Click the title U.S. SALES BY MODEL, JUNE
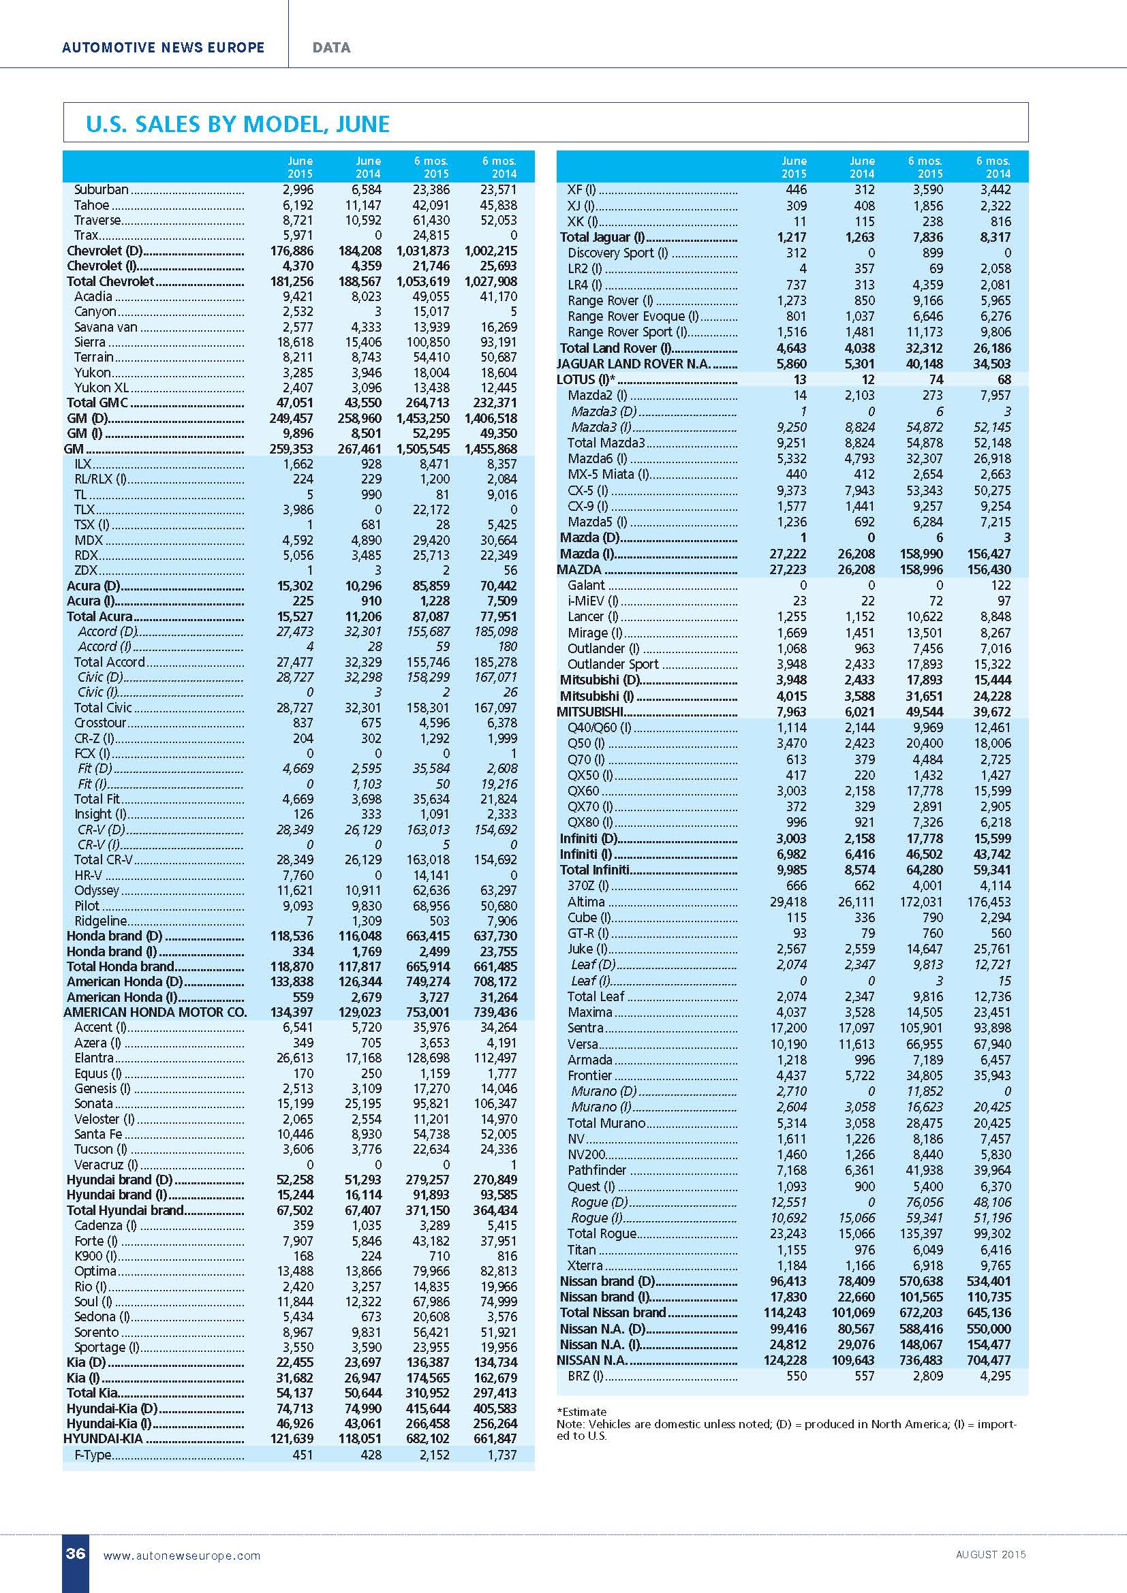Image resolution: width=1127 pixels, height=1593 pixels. click(237, 124)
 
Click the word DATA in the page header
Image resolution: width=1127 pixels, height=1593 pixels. click(331, 48)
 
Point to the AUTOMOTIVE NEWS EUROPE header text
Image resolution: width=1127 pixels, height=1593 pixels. click(163, 48)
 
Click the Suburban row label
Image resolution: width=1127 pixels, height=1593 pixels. click(102, 189)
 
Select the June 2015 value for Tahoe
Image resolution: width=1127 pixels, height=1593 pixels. click(298, 206)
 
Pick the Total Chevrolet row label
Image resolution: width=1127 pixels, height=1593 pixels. click(110, 281)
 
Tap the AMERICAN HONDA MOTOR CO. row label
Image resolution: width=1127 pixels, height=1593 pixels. click(155, 1012)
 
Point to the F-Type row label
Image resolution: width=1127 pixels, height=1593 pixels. click(92, 1454)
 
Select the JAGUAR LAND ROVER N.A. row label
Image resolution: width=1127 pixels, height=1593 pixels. click(634, 364)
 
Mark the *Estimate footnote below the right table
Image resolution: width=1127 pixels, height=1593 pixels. click(581, 1411)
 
